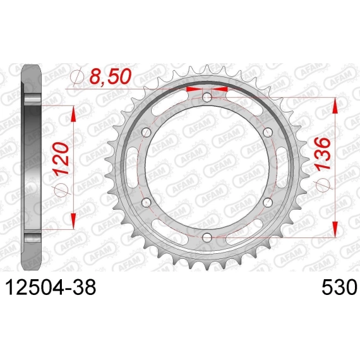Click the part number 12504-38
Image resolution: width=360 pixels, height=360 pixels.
51,287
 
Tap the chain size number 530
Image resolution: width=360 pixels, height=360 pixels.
340,287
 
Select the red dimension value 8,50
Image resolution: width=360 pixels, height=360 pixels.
111,76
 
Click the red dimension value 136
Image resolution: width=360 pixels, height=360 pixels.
323,154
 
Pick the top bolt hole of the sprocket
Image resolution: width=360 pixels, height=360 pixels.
207,97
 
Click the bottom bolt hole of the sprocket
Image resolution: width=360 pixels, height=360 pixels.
207,237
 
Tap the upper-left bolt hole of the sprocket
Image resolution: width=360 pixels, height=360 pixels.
147,133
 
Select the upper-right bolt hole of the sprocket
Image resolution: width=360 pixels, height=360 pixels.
268,133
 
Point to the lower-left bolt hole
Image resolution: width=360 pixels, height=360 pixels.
147,202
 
